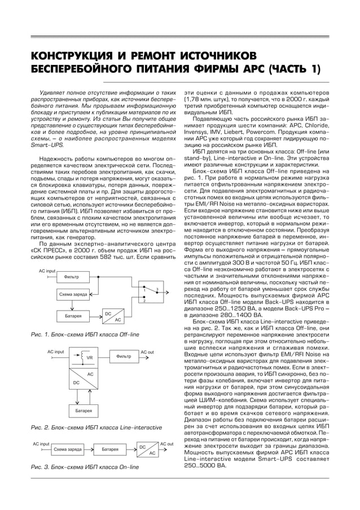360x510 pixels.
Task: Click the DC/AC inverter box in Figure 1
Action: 112,316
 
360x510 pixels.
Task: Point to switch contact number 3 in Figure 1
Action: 156,290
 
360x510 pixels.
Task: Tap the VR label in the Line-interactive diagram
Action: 89,357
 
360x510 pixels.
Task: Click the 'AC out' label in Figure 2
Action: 147,352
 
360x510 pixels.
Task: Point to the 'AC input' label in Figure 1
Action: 47,271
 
